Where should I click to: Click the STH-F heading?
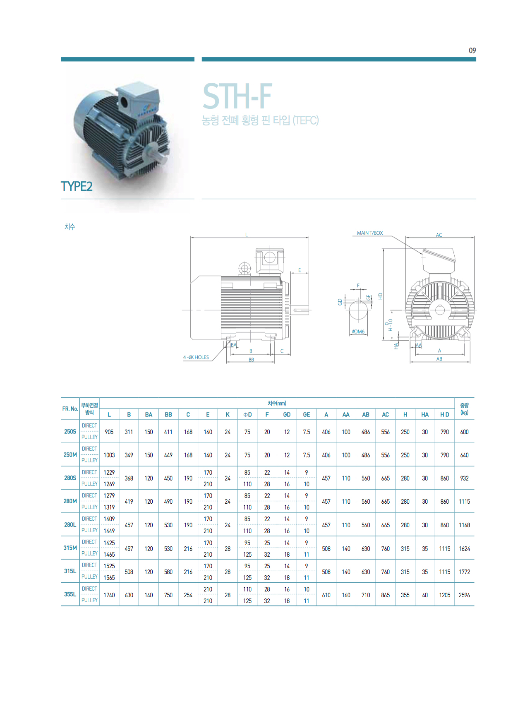pos(237,96)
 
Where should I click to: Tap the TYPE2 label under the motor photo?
pos(77,186)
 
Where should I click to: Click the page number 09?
pos(472,50)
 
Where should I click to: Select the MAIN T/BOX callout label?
pos(370,233)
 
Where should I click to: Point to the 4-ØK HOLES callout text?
pos(196,357)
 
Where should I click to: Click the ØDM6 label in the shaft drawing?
pos(358,332)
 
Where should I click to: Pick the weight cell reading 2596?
pos(464,595)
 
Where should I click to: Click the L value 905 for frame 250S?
pos(109,432)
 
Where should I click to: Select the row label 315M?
pos(70,548)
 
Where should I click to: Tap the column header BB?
pos(168,414)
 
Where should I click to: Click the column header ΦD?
pos(247,414)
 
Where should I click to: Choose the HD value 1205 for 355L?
pos(445,595)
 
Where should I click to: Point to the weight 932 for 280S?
pos(464,478)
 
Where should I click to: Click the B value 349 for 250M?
pos(129,455)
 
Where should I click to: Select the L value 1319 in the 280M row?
pos(109,507)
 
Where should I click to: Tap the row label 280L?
pos(70,525)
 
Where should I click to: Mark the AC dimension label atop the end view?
pos(439,235)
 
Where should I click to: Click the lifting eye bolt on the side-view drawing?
pos(245,268)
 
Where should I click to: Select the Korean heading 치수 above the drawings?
pos(70,226)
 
